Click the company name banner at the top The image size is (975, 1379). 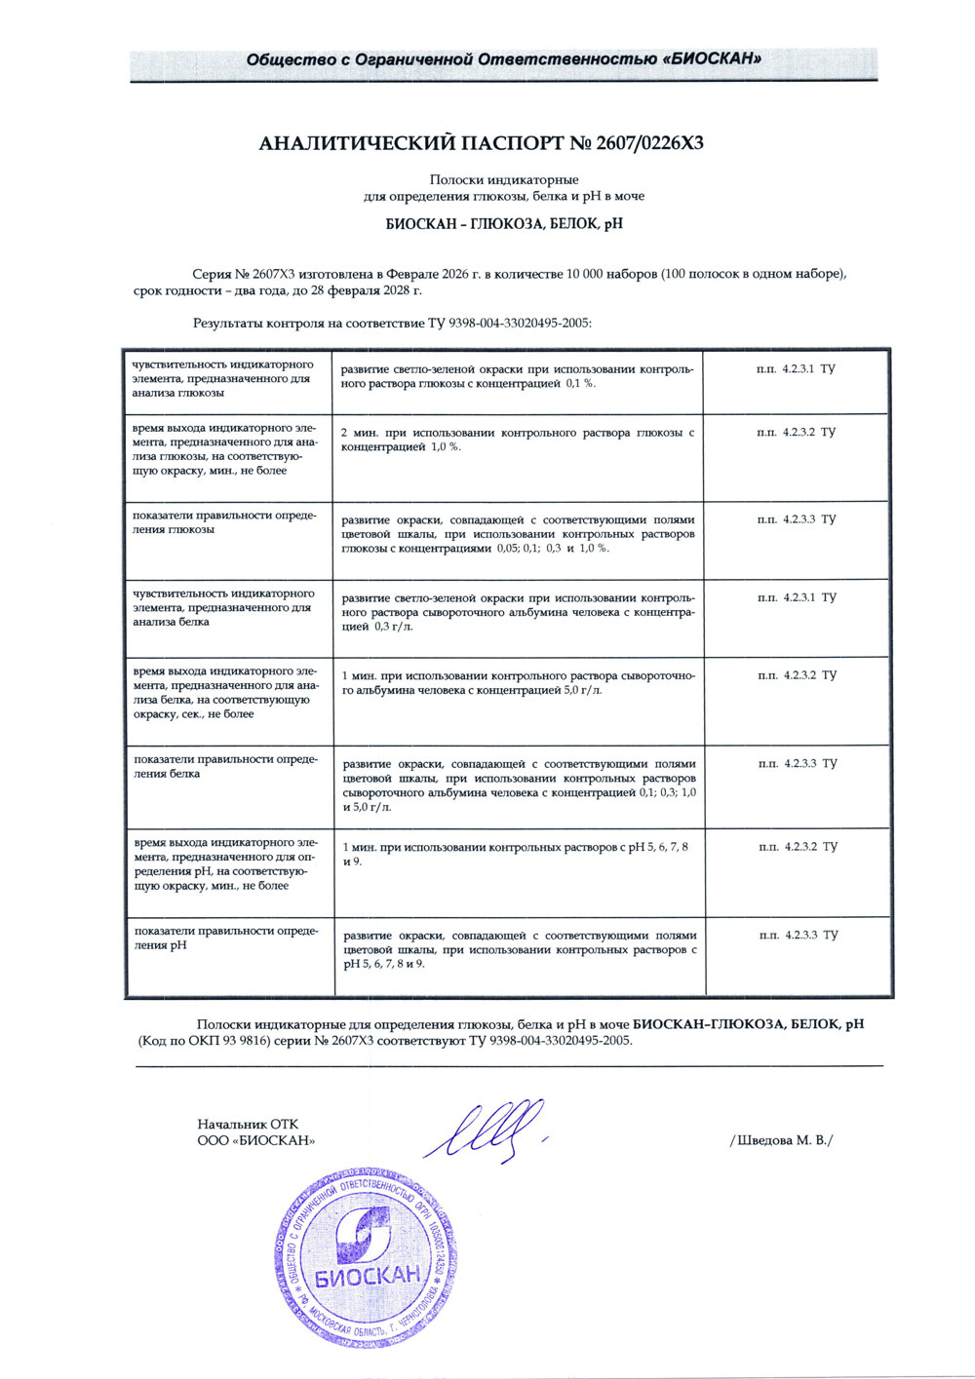503,59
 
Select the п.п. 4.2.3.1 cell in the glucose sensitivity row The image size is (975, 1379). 796,369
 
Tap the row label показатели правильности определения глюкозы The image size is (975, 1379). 224,522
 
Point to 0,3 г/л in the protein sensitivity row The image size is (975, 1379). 393,627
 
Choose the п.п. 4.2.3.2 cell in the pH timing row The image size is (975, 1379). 797,847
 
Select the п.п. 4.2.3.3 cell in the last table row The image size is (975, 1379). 798,935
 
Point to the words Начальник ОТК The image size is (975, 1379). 248,1125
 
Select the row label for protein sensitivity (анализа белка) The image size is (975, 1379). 224,607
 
